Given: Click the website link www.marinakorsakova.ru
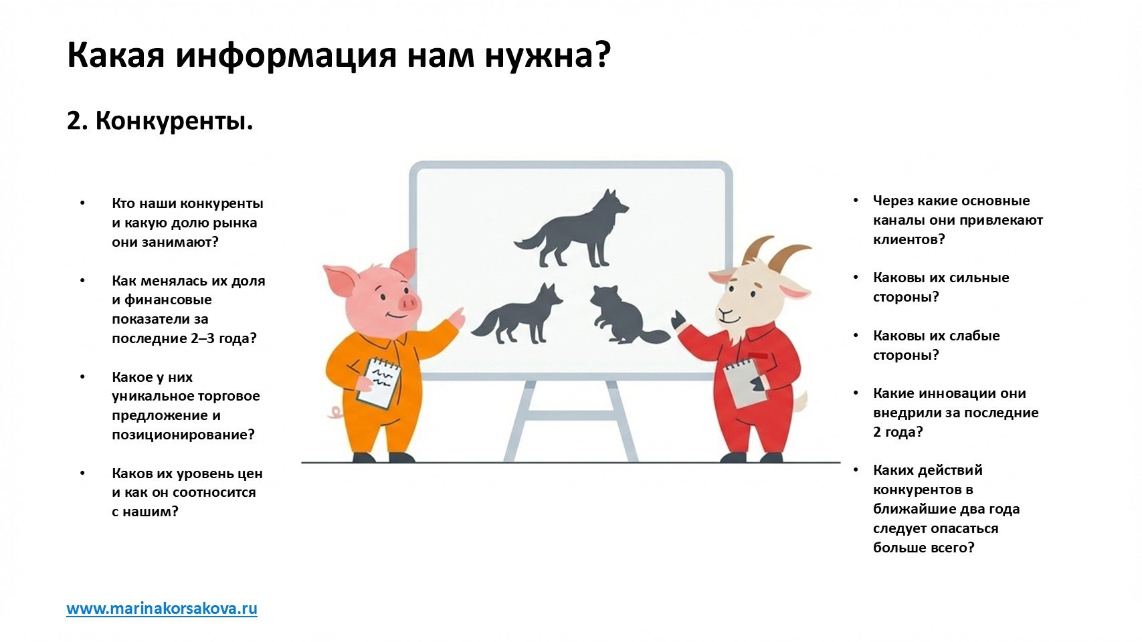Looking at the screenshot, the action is coord(162,609).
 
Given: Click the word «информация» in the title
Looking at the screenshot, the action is coord(286,56).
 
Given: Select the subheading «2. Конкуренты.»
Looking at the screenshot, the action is coord(160,121).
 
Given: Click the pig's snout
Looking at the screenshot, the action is coord(407,304).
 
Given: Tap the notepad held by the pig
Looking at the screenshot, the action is coord(378,383).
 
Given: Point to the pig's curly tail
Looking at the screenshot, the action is coord(336,411).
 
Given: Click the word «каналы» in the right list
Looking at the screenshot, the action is coord(897,220).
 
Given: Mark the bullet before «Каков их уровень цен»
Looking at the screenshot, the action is coord(82,473).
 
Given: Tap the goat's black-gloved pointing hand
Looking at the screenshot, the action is coord(678,320).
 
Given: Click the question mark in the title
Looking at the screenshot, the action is coord(601,55).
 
